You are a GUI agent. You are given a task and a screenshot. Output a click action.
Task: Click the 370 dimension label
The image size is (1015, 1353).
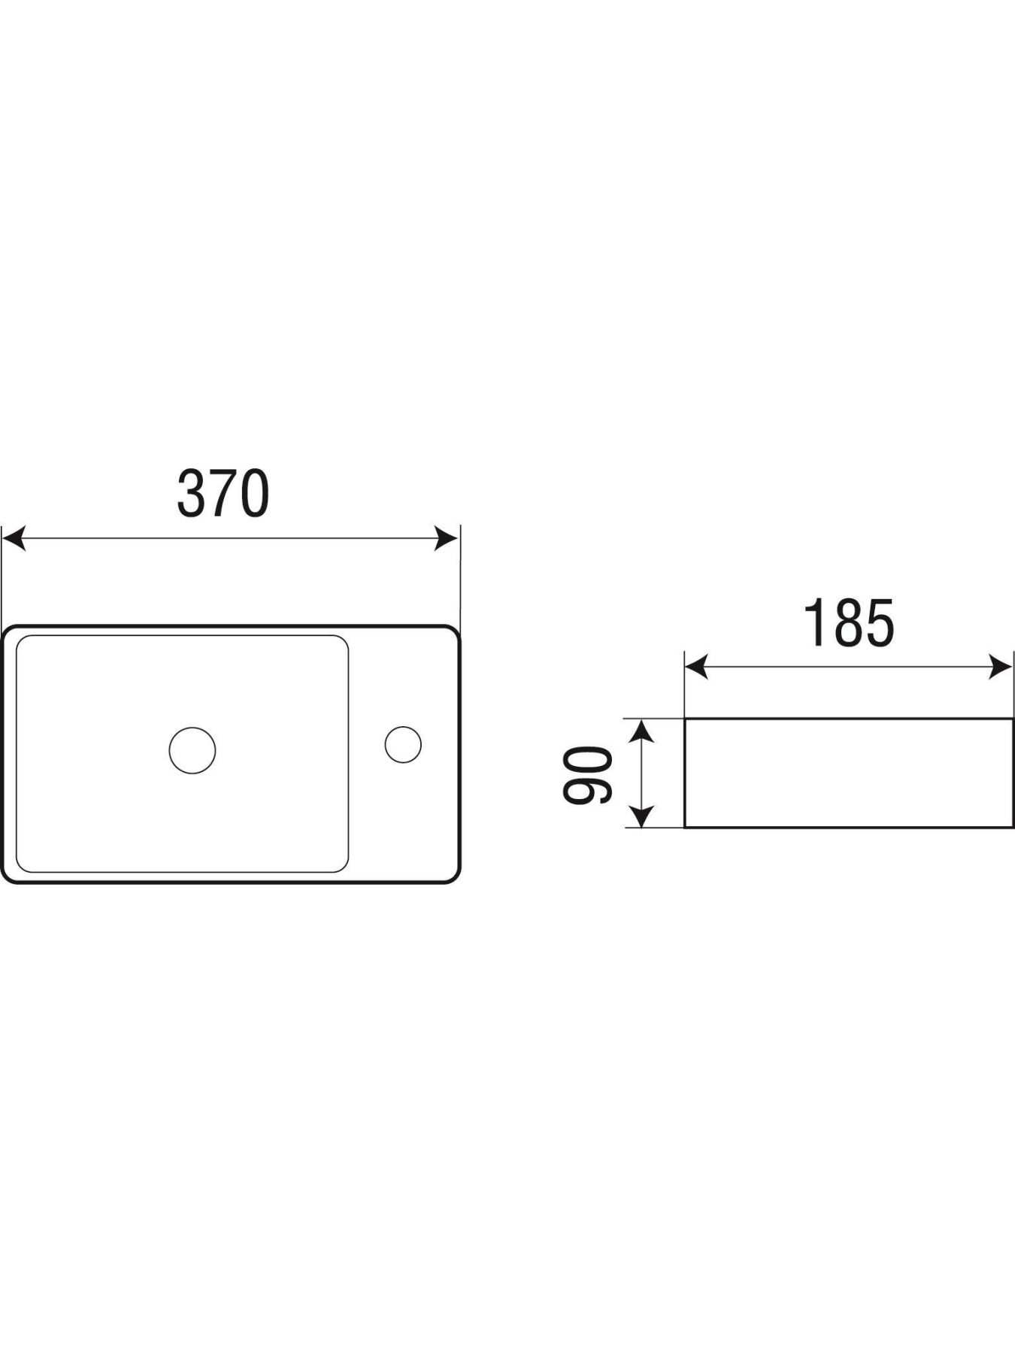pos(223,494)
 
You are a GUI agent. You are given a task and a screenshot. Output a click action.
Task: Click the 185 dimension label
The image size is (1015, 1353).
pos(849,622)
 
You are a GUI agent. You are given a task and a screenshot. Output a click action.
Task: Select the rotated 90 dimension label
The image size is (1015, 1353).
pos(588,774)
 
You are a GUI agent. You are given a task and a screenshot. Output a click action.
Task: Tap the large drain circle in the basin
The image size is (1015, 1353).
pos(192,750)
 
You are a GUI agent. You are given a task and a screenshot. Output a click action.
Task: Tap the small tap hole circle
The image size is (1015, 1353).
pos(403,744)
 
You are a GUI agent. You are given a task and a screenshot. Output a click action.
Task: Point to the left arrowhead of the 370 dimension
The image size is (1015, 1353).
pos(14,538)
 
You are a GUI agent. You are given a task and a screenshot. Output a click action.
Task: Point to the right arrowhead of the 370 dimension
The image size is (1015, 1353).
pos(447,538)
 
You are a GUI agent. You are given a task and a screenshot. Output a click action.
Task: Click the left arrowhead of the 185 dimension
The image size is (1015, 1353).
pos(696,666)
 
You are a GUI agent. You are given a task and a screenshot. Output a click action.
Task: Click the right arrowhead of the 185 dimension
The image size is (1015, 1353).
pos(1001,666)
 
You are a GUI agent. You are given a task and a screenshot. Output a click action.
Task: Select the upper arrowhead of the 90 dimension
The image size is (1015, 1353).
pos(641,731)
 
